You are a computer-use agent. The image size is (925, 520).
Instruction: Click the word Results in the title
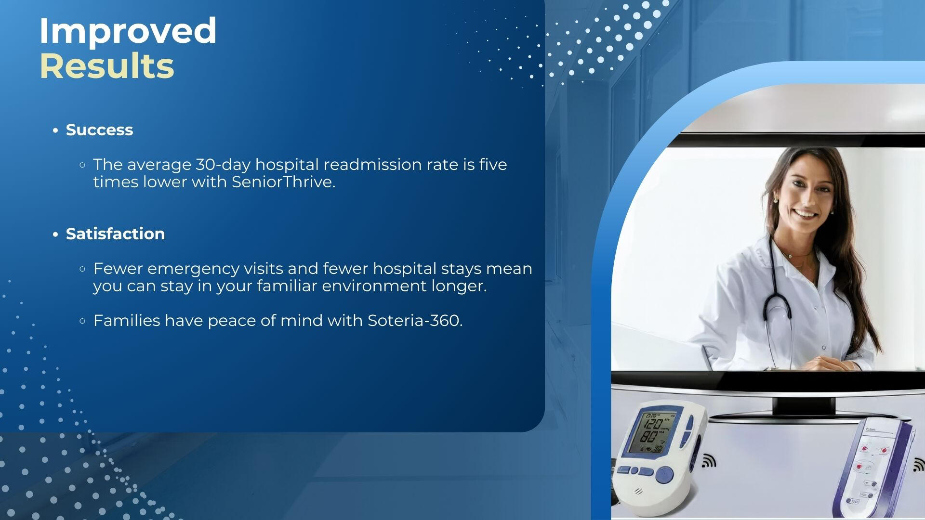click(x=106, y=66)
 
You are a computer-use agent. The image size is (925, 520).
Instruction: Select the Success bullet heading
click(x=99, y=130)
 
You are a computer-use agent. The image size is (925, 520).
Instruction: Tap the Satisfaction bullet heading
click(x=115, y=234)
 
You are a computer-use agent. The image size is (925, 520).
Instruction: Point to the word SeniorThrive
click(x=283, y=182)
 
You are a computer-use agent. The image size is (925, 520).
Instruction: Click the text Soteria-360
click(x=415, y=321)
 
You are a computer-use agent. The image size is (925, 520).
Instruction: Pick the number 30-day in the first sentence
click(x=223, y=165)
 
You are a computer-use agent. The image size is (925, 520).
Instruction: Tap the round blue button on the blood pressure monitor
click(x=665, y=476)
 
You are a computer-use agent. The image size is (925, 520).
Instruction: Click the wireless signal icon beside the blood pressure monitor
click(x=709, y=461)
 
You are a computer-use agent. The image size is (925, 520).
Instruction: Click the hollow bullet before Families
click(x=82, y=321)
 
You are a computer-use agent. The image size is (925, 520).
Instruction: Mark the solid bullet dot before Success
click(x=56, y=130)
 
